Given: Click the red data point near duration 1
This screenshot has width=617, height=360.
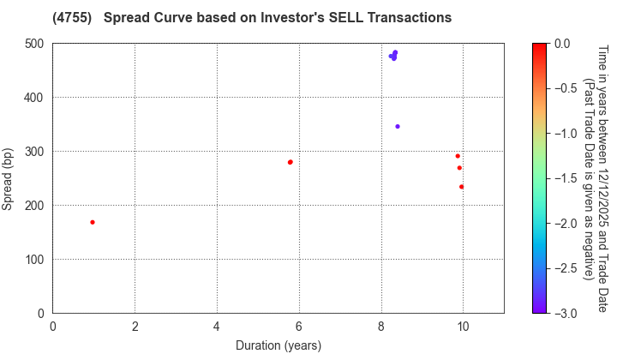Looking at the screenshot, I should (x=93, y=222).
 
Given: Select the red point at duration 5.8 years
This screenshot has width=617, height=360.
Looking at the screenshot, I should (x=291, y=162).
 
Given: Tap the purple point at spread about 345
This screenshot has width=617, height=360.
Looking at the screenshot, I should (x=398, y=127).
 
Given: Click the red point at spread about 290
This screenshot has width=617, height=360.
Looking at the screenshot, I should (x=458, y=156).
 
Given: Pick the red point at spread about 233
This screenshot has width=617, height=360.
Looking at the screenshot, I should (x=461, y=187).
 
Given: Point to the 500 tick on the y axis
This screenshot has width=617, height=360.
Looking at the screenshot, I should (x=34, y=44).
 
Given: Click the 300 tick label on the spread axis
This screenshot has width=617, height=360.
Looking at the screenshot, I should (x=34, y=152).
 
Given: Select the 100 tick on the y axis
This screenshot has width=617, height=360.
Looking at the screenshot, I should (x=34, y=260).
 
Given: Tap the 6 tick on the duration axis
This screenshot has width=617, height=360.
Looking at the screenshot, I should (x=299, y=327).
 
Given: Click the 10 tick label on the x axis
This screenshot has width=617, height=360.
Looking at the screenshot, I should (x=463, y=327).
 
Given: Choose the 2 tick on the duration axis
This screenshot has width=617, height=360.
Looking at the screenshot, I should (x=135, y=327).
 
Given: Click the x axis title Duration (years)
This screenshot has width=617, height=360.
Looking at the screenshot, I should (x=279, y=345).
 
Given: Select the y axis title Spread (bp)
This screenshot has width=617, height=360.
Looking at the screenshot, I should (x=9, y=178).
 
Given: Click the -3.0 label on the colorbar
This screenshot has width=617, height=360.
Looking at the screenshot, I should (x=565, y=313).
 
